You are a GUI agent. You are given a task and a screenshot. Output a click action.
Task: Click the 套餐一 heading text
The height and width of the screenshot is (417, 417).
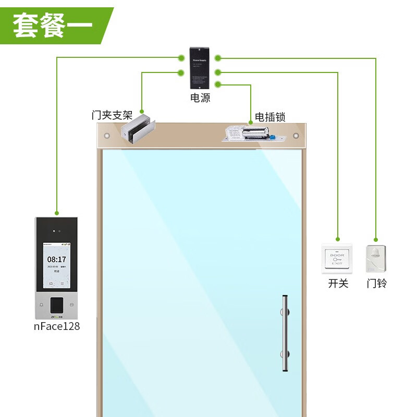(52, 25)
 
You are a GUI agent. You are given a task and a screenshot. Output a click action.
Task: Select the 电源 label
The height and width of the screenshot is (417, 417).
(200, 98)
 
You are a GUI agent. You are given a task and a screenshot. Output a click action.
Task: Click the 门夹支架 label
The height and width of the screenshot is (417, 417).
(112, 115)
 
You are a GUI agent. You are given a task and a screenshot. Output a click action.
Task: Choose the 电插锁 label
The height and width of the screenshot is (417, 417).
(270, 117)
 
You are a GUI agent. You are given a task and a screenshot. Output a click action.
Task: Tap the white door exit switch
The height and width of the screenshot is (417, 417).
(337, 259)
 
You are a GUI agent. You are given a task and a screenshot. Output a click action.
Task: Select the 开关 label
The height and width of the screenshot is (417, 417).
(338, 284)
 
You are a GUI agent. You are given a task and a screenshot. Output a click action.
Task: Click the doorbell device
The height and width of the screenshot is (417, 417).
(376, 259)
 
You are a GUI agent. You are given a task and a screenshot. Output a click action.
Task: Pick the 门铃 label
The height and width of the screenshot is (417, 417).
(376, 284)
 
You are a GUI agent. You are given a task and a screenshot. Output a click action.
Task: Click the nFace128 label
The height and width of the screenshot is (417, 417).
(57, 327)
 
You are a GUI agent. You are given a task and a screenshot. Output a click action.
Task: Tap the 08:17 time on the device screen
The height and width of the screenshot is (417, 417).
(57, 259)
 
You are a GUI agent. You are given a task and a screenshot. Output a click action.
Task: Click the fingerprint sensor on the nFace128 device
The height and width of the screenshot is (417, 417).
(57, 304)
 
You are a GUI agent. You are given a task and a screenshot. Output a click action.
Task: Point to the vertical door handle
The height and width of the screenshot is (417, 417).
(285, 334)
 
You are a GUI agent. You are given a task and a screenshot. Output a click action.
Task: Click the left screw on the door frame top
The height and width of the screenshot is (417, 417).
(107, 136)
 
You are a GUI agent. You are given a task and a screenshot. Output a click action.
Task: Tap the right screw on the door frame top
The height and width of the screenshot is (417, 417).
(296, 136)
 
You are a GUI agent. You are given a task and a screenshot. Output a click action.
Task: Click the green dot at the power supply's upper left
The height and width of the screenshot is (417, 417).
(181, 57)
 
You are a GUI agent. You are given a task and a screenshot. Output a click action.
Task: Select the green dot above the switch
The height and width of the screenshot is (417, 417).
(338, 239)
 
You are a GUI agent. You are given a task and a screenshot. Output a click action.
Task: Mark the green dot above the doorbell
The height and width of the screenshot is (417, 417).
(376, 239)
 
